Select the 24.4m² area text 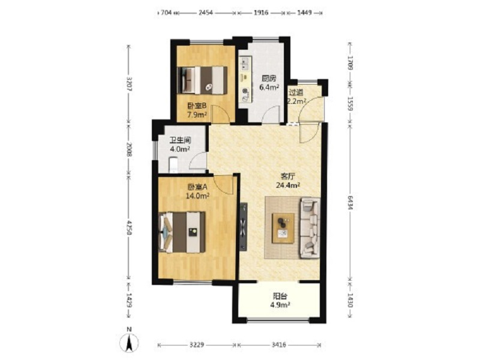288,185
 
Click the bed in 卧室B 202,80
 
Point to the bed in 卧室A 182,232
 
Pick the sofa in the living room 310,228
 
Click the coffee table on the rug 283,228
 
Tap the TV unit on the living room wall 244,227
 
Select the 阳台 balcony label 280,296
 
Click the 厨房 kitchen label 269,79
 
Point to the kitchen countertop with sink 245,80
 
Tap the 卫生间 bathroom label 181,140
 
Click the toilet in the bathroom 173,164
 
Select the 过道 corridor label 296,92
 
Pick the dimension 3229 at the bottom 197,345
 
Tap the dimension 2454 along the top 206,13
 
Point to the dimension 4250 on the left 129,228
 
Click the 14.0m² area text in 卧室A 197,196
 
